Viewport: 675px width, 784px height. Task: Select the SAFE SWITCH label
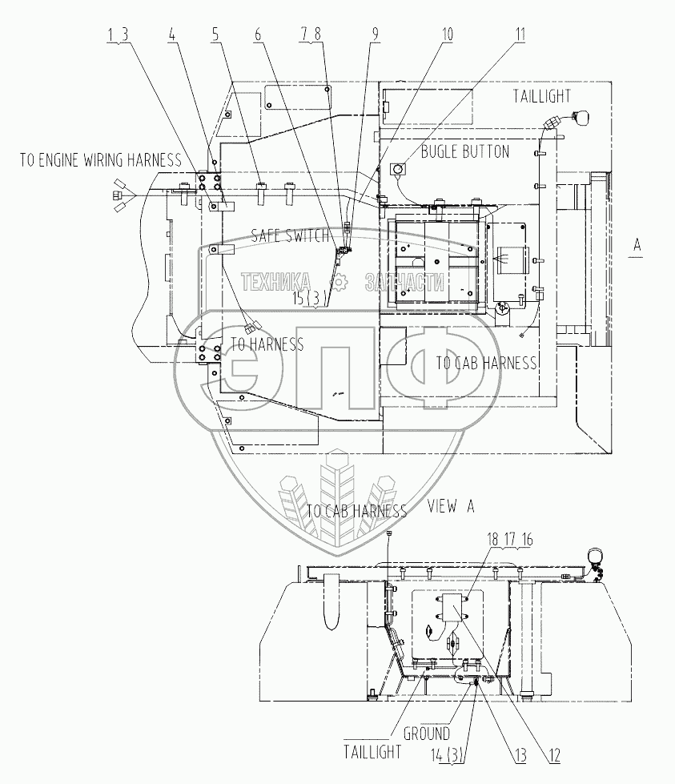coord(290,235)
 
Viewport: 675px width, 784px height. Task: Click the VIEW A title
coord(452,505)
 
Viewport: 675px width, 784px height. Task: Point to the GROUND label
coord(426,733)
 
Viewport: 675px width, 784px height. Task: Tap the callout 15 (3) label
coord(309,298)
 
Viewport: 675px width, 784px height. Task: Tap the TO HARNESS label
coord(267,344)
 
